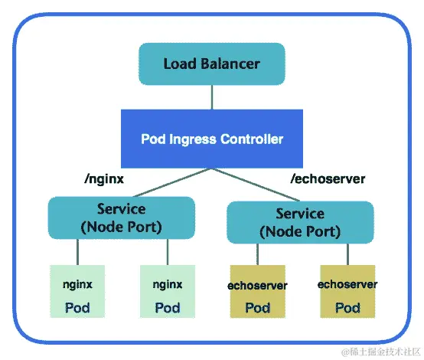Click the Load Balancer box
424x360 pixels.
pyautogui.click(x=212, y=64)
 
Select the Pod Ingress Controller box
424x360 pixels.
pyautogui.click(x=212, y=139)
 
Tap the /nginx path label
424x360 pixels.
pyautogui.click(x=104, y=179)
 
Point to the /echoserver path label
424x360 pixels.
pyautogui.click(x=328, y=179)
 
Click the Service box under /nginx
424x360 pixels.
pyautogui.click(x=122, y=218)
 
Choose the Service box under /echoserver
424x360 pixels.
pyautogui.click(x=300, y=222)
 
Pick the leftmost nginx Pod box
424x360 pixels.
pyautogui.click(x=77, y=291)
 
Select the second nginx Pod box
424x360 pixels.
pyautogui.click(x=168, y=291)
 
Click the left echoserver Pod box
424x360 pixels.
pyautogui.click(x=257, y=291)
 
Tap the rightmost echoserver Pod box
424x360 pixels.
pyautogui.click(x=347, y=291)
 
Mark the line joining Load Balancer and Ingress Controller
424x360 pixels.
pyautogui.click(x=212, y=97)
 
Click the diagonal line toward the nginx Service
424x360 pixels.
pyautogui.click(x=173, y=182)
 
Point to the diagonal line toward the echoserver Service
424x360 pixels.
pyautogui.click(x=256, y=185)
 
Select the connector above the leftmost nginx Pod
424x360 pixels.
pyautogui.click(x=77, y=252)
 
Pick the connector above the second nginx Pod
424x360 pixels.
pyautogui.click(x=168, y=252)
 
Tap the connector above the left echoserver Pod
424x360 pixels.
pyautogui.click(x=257, y=254)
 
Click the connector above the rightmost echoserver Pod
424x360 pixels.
pyautogui.click(x=347, y=254)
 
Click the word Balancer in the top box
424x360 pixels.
pyautogui.click(x=230, y=64)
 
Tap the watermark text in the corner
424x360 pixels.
pyautogui.click(x=380, y=352)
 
